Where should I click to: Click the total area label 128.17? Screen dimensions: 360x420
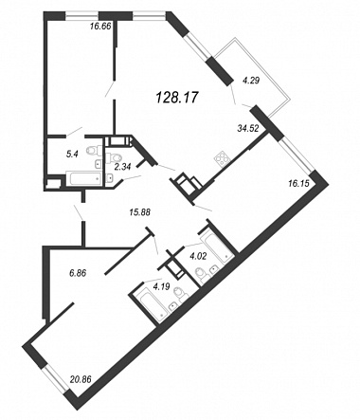coord(177,97)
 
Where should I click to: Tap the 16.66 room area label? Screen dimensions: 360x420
coord(100,27)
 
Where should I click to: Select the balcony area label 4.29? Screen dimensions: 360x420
coord(251,81)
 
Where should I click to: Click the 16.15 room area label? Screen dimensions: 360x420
coord(298,183)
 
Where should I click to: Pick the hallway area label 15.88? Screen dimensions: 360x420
coord(139,212)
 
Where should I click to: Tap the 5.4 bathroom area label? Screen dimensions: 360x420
coord(72,154)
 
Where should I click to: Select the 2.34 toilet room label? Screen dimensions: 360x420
coord(122,167)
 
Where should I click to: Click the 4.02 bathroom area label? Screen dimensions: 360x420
coord(198,256)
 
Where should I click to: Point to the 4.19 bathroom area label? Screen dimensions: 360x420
coord(161,286)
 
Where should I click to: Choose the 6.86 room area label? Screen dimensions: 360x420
coord(78,273)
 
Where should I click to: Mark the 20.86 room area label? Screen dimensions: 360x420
coord(81,378)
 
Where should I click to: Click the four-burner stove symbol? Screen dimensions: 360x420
coord(221,159)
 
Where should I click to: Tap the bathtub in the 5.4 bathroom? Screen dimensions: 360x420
coord(83,178)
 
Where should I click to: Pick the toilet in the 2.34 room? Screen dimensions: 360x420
coord(114,156)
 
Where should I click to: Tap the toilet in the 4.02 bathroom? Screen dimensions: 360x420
coord(202,274)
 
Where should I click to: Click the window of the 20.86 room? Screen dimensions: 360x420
coord(55,380)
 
